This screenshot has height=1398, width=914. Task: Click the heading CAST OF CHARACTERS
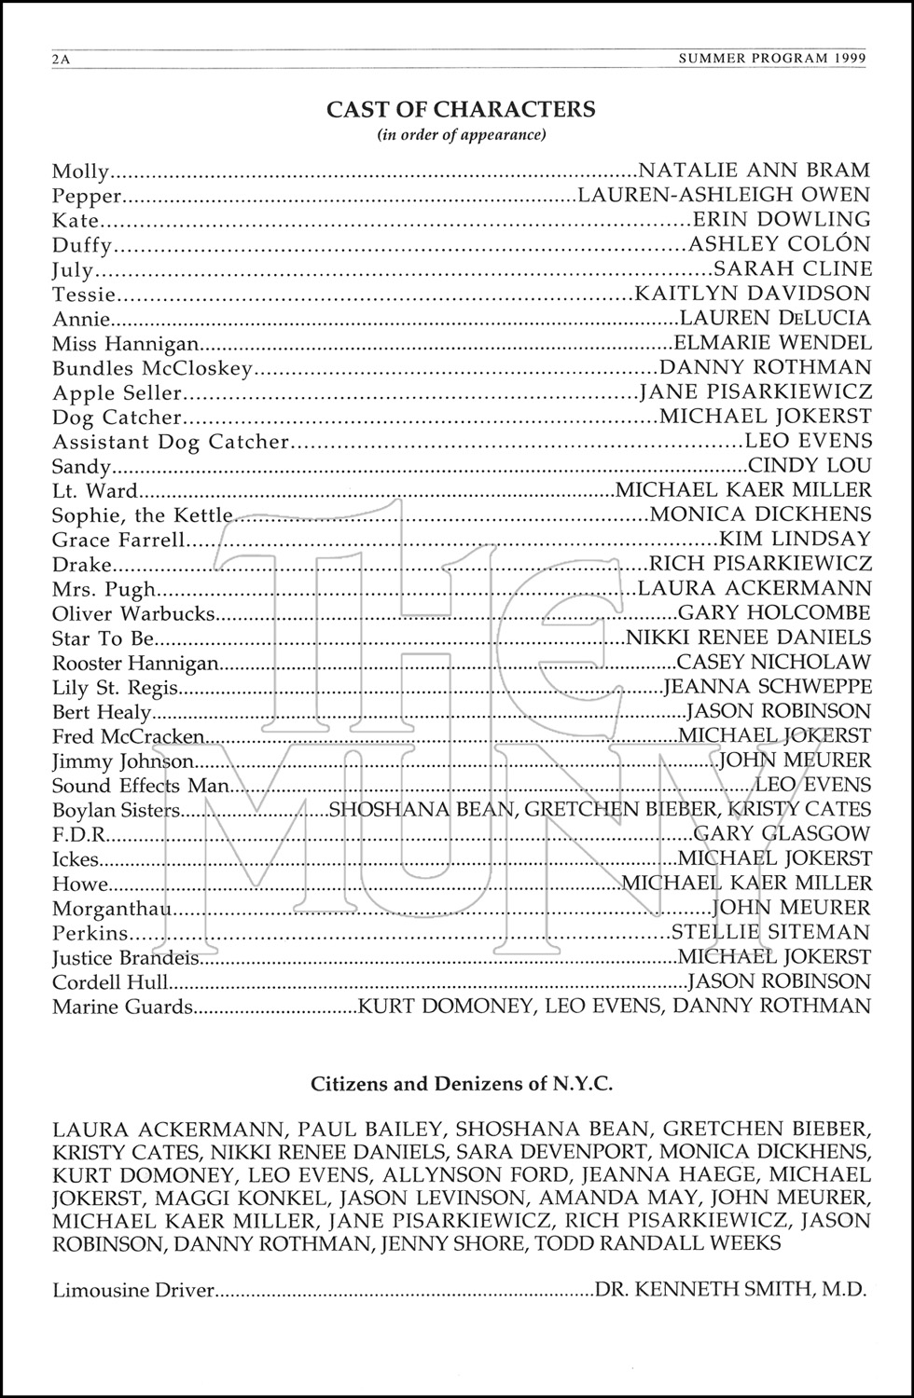click(x=461, y=109)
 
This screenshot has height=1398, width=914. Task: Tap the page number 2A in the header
click(x=62, y=59)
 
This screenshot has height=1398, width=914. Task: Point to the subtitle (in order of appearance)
click(x=461, y=135)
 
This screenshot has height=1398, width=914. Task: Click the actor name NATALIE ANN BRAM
click(x=755, y=171)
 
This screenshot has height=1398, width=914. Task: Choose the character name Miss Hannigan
click(x=126, y=343)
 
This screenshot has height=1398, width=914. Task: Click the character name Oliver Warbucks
click(x=134, y=614)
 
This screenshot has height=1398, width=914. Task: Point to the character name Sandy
click(x=82, y=467)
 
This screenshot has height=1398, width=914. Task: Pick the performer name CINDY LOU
click(x=810, y=466)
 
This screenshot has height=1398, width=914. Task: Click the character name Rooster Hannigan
click(x=135, y=664)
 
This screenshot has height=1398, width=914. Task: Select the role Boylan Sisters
click(x=116, y=811)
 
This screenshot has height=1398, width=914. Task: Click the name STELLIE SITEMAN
click(x=770, y=933)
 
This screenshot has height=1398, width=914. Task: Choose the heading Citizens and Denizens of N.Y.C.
click(x=461, y=1084)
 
